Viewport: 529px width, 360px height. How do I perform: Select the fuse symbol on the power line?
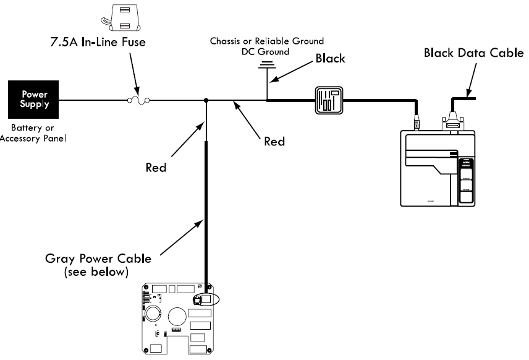[137, 100]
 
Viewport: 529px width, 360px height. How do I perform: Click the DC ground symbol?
[267, 64]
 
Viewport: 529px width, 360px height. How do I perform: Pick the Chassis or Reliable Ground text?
[266, 41]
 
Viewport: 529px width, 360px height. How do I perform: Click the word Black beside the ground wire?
[330, 59]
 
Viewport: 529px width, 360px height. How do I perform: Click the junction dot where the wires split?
[206, 100]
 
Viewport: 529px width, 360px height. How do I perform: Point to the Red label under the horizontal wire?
[274, 141]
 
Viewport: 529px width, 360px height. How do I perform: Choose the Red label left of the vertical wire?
[156, 167]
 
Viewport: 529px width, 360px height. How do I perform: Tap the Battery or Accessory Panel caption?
[33, 133]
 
